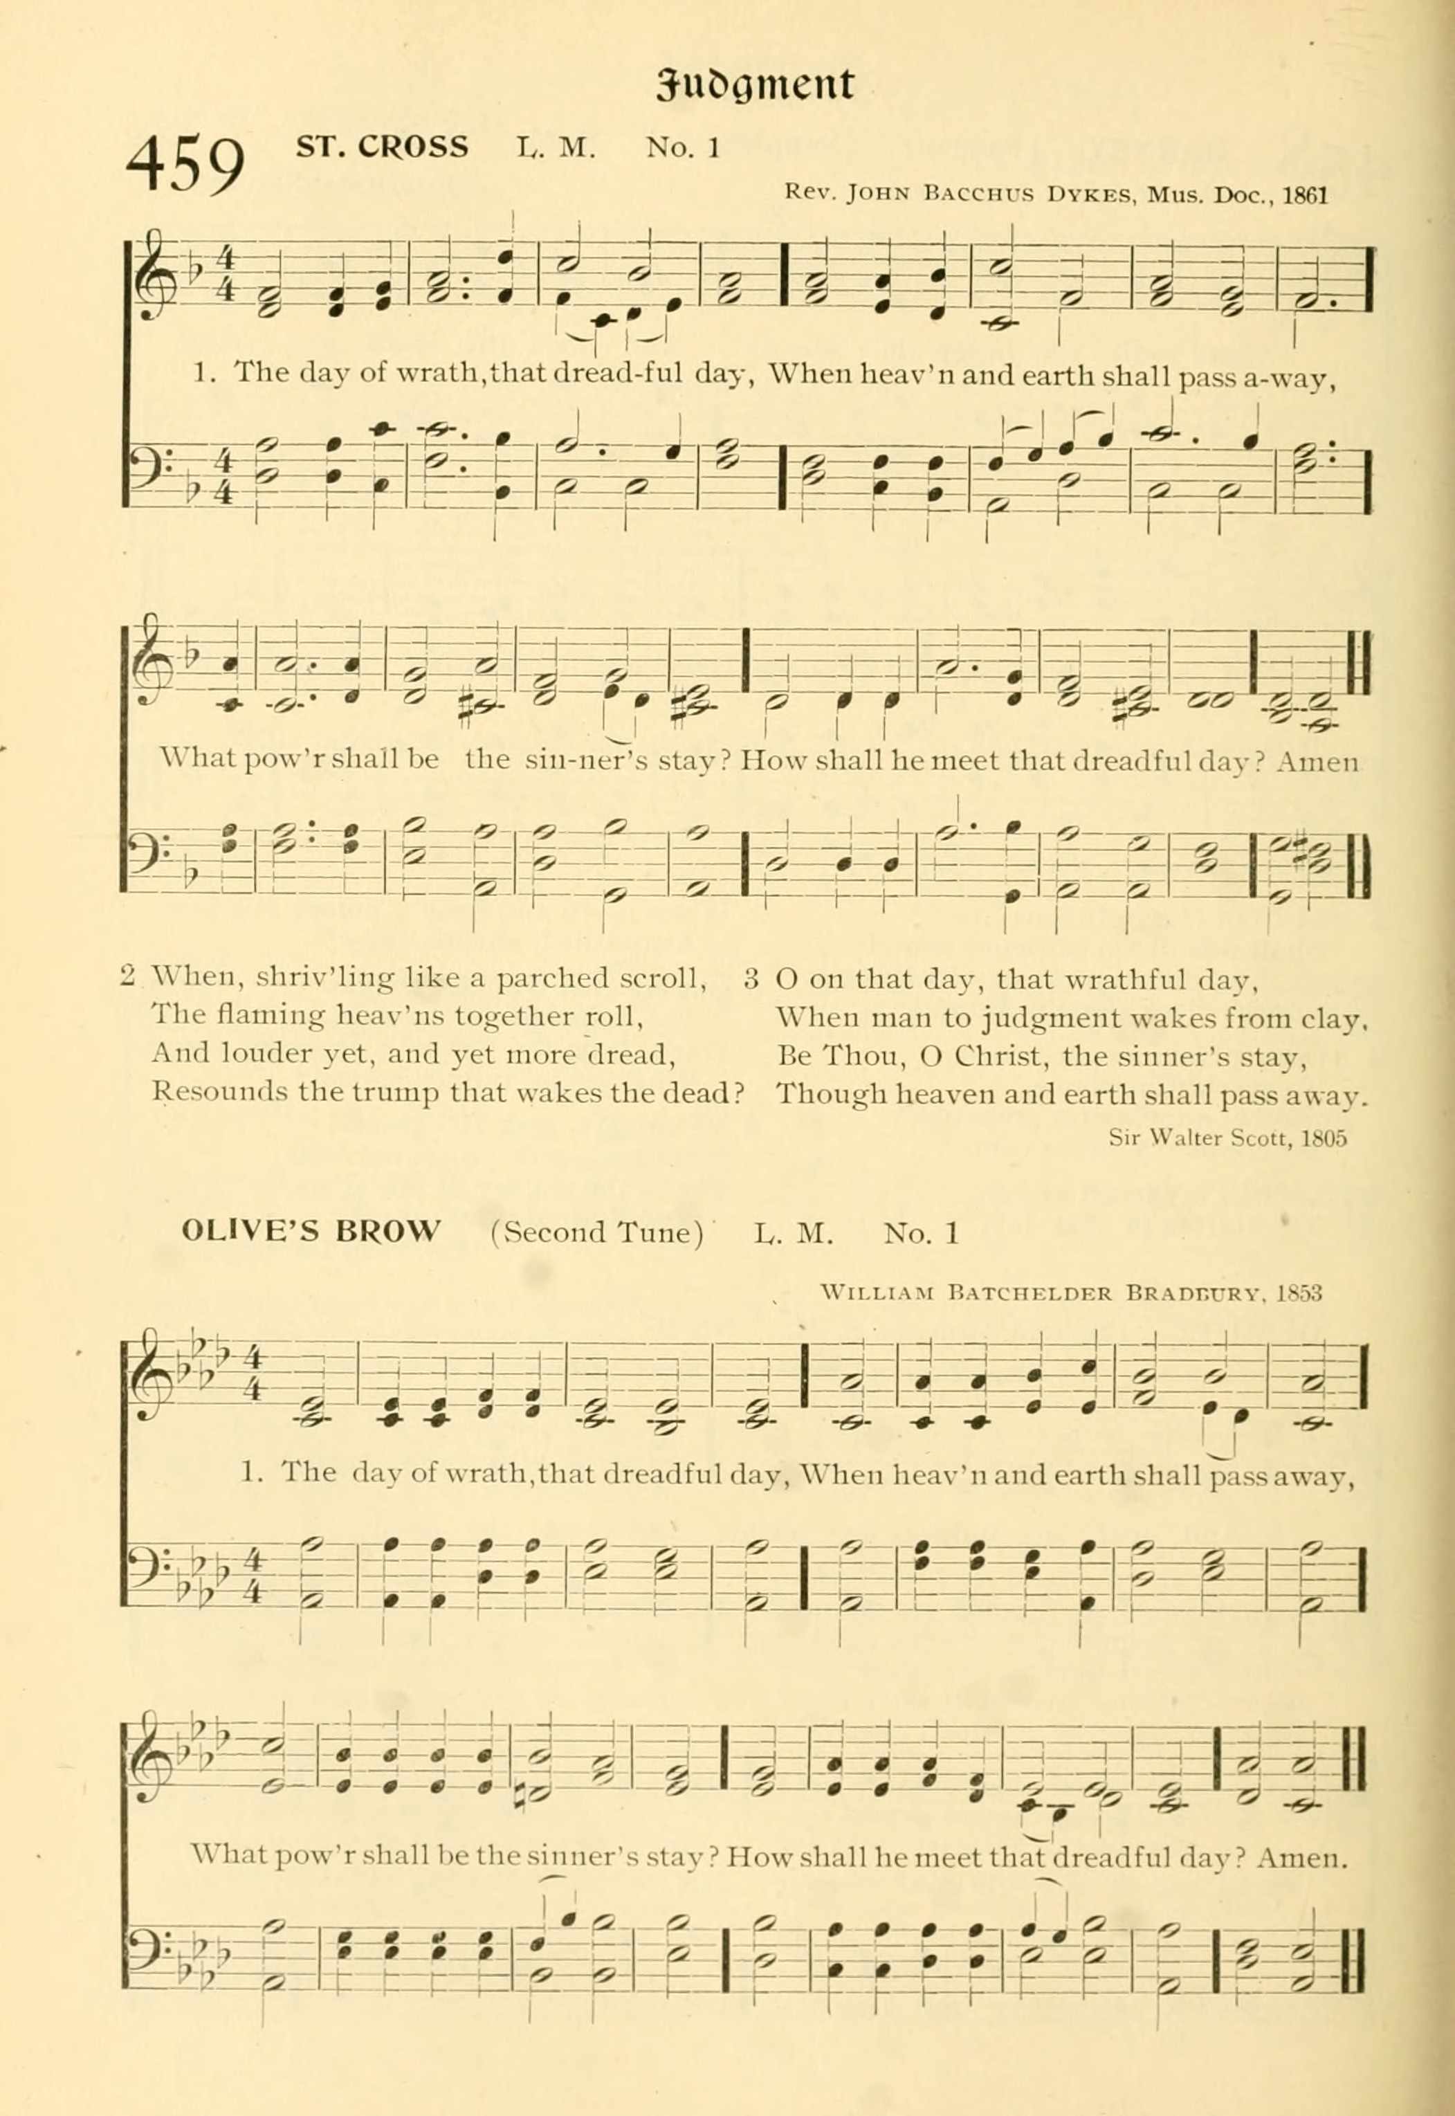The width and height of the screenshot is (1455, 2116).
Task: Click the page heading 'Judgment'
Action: coord(755,85)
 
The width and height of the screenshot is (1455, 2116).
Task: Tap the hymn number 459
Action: coord(186,164)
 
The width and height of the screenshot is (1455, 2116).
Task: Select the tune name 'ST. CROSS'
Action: coord(382,146)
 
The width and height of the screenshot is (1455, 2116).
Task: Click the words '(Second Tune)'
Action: coord(596,1232)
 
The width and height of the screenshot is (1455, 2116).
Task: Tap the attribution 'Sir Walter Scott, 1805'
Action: coord(1227,1138)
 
